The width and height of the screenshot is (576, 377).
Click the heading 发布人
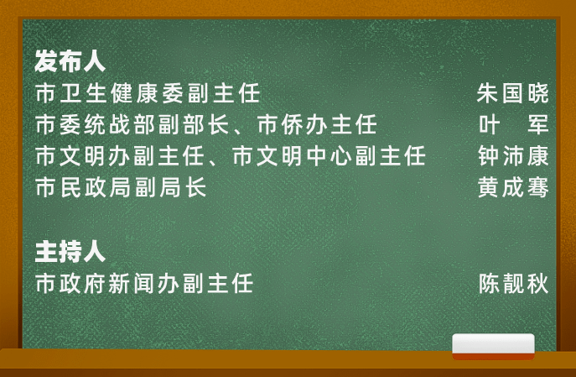70,60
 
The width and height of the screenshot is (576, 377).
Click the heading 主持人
70,251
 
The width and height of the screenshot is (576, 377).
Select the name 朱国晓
512,92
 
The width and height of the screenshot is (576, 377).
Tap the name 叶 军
512,125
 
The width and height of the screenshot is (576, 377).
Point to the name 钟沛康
512,157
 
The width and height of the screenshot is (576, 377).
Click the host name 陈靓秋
512,284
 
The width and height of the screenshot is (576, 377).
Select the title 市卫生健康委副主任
148,92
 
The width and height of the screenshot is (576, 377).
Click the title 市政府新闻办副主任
144,284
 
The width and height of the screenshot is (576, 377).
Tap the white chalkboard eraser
493,344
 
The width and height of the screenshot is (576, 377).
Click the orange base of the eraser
493,356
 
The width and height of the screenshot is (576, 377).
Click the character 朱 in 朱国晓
487,92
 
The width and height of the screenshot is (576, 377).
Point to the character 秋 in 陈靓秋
537,284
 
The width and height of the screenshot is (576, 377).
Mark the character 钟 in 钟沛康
487,157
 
